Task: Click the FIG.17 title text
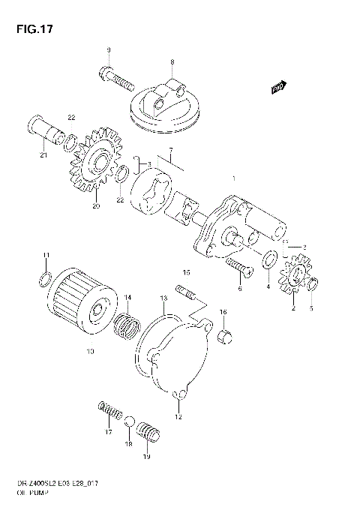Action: [31, 30]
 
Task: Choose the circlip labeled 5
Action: [315, 283]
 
